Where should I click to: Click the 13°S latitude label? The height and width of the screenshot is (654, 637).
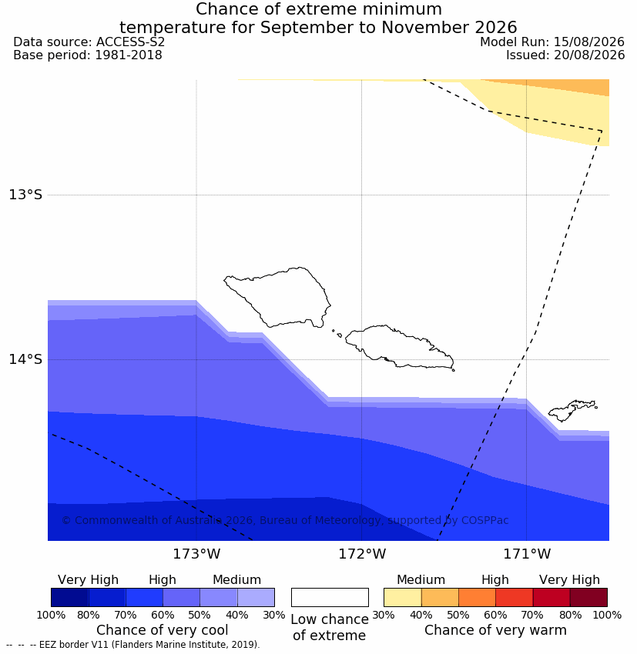25,195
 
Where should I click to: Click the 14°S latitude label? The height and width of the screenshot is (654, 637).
25,359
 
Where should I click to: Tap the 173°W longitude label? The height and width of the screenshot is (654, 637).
196,554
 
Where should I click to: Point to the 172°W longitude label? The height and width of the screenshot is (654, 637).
362,554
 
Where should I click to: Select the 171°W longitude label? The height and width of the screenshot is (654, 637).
527,554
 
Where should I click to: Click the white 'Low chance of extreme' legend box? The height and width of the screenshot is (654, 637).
330,597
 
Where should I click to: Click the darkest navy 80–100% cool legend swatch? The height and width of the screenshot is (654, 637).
70,597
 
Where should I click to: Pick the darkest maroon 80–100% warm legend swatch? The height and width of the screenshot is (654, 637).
588,597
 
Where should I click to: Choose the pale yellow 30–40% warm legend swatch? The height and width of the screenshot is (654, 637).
402,597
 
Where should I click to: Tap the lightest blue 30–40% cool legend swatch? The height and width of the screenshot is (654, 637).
256,597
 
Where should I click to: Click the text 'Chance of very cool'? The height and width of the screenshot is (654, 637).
163,630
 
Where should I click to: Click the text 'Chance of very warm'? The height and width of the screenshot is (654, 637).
495,630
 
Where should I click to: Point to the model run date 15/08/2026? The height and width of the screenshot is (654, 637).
589,42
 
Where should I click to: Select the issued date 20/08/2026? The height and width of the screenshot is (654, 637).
589,55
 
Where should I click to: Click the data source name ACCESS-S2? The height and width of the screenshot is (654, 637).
130,42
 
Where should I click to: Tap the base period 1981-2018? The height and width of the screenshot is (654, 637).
129,55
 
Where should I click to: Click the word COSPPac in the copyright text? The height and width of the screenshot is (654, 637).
484,520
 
